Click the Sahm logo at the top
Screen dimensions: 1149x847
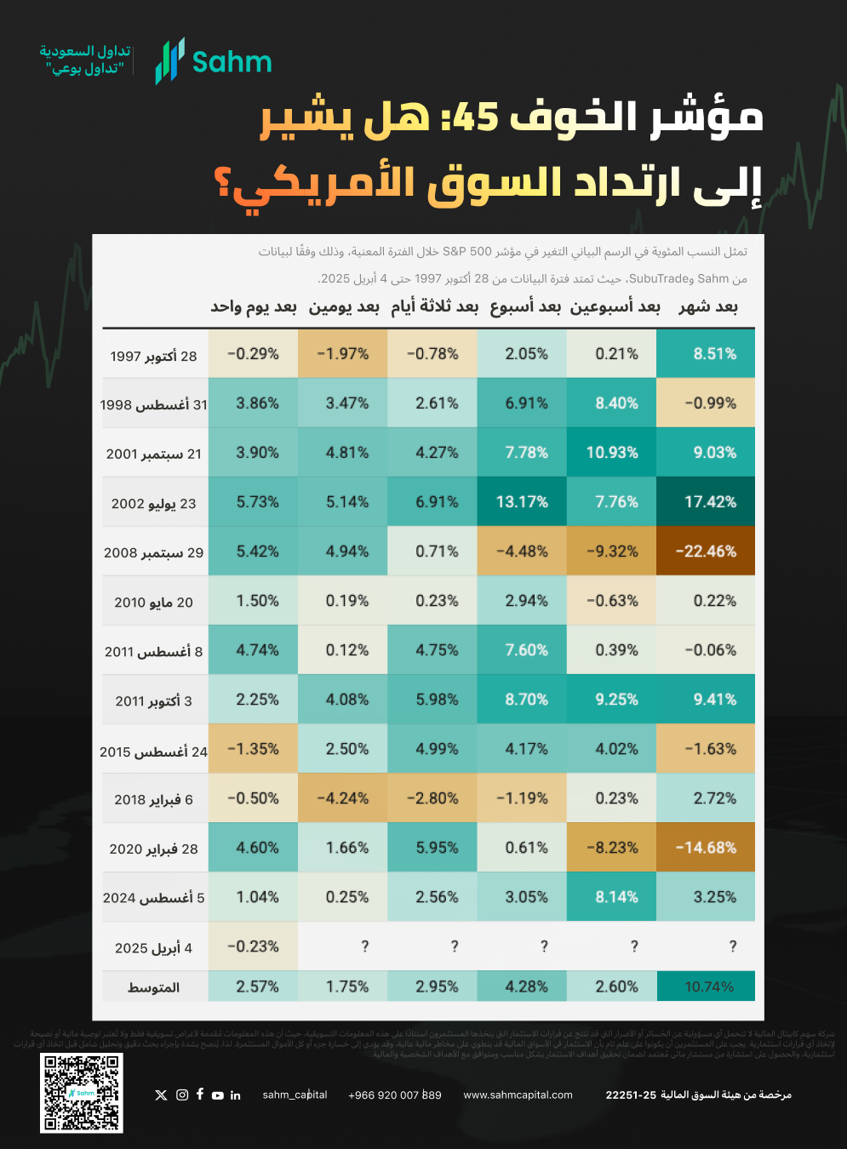213,61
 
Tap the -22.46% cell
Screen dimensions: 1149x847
706,552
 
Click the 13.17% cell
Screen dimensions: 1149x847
522,502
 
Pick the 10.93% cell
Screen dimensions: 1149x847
612,453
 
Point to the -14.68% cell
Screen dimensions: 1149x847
706,848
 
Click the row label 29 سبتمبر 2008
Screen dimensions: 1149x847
153,553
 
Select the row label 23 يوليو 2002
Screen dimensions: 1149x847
153,504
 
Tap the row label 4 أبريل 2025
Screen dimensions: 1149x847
153,948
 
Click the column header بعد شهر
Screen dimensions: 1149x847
708,307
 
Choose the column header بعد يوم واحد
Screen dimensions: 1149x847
254,307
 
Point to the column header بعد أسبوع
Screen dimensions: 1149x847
525,307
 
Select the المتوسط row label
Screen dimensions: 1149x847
153,987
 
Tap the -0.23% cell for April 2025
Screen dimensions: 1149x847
253,946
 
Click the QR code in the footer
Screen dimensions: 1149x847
82,1093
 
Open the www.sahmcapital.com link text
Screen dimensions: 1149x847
518,1095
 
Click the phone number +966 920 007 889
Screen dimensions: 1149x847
395,1095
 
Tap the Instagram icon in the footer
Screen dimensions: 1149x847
182,1095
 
